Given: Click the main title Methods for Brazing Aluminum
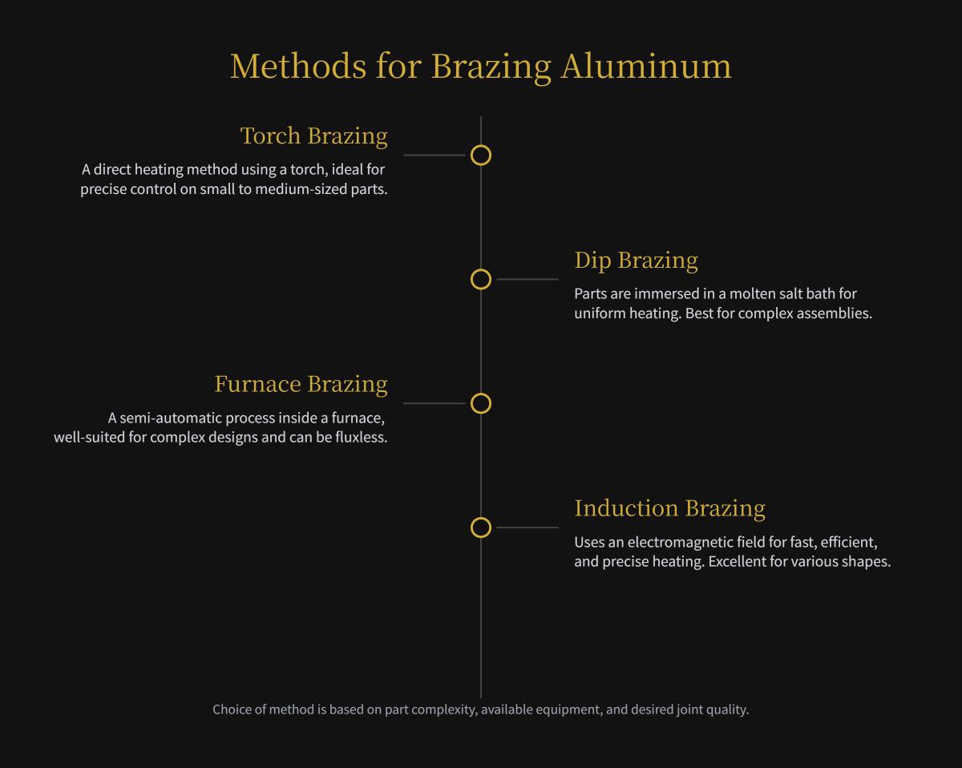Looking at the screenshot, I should point(480,66).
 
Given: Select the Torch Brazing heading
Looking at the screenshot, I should point(313,135).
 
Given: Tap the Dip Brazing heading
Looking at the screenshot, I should point(636,260).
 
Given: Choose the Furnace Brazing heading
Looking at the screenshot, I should point(301,384).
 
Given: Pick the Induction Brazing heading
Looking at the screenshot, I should point(669,508).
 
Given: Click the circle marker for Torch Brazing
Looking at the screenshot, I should point(480,156).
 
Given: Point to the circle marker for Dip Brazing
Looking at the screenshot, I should point(480,279).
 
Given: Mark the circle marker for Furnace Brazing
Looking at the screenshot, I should point(480,403).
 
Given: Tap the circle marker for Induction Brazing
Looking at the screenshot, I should point(480,527).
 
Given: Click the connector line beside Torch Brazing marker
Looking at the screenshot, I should point(434,156).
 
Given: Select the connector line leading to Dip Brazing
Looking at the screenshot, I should point(527,279).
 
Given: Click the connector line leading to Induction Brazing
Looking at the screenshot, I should point(527,527).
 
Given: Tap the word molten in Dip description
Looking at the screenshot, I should point(753,293).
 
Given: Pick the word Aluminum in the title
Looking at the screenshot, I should point(645,66).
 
